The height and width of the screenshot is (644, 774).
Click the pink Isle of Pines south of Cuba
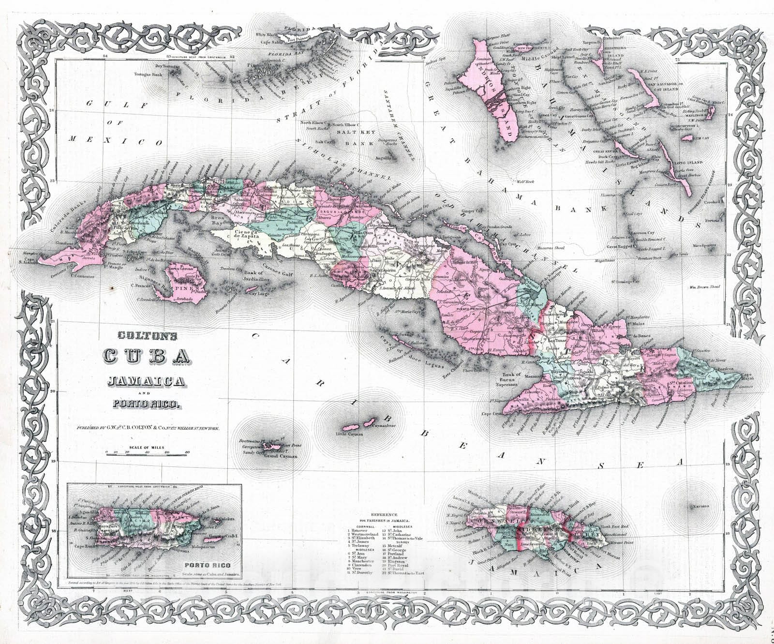[184, 285]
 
